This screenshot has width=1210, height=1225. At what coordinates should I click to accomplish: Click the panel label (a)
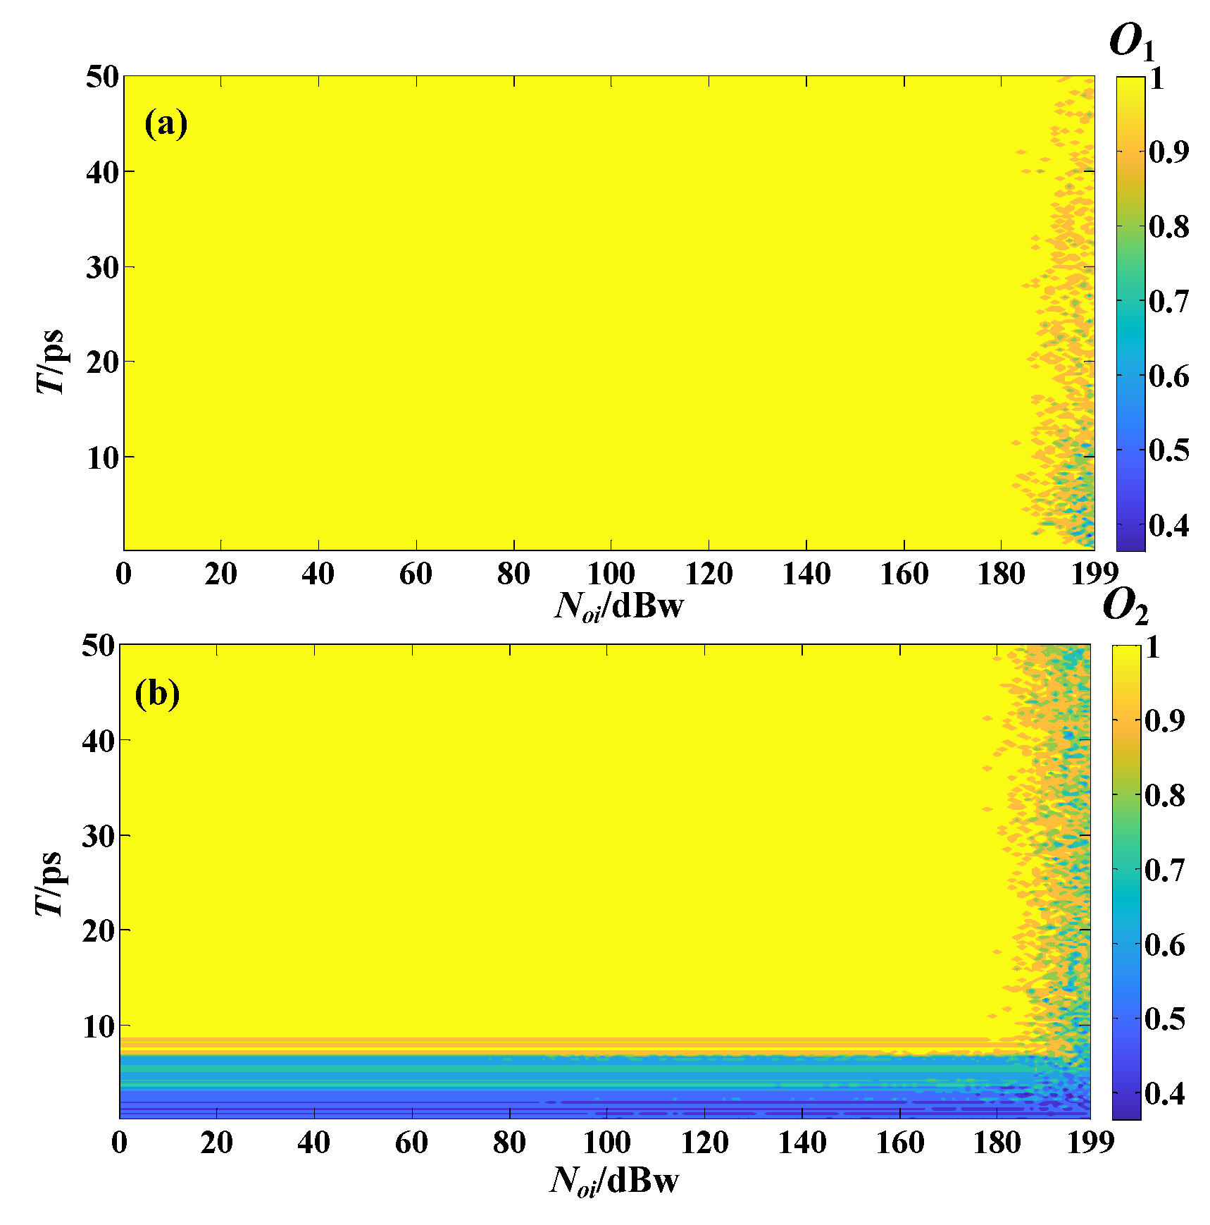point(166,124)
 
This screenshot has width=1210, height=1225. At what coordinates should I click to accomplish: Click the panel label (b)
point(157,694)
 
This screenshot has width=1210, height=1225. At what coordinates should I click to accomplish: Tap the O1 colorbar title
point(1131,42)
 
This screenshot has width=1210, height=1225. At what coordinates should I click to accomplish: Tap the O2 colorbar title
point(1125,607)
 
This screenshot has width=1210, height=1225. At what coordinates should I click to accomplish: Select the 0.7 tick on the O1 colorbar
point(1168,301)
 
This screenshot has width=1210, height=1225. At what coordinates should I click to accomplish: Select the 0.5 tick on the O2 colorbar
point(1164,1018)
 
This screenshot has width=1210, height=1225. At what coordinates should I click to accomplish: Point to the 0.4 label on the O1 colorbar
point(1168,524)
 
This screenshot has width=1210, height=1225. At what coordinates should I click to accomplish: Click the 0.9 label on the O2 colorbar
point(1164,720)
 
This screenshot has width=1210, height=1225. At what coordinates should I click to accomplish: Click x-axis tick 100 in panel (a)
point(611,574)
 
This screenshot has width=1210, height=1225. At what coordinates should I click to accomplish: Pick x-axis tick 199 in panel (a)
point(1094,574)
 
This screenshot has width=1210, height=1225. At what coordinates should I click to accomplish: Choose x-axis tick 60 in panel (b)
point(411,1143)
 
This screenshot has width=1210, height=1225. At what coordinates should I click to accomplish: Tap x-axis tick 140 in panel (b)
point(802,1143)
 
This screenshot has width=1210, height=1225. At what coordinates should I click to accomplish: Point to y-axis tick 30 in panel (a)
point(102,267)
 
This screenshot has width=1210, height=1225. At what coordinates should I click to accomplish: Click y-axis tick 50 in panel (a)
point(102,77)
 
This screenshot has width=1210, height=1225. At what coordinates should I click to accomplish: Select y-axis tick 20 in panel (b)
point(98,931)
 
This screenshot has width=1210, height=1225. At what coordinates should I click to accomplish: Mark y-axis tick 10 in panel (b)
point(98,1026)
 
